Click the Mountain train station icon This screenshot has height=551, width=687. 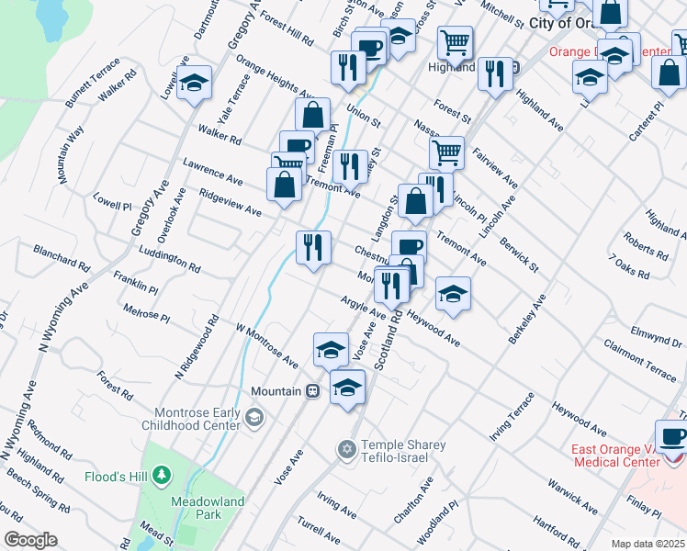(312, 391)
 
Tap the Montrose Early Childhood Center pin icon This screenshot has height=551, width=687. (253, 419)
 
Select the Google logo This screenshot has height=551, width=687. (30, 540)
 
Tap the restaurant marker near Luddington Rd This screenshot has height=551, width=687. (313, 248)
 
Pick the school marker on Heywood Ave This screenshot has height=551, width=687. (452, 294)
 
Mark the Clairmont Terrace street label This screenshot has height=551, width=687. (640, 359)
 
